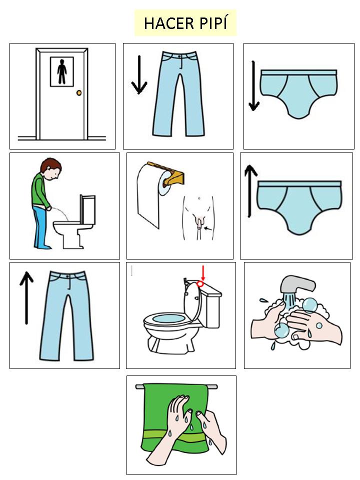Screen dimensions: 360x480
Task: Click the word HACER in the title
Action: coord(164,23)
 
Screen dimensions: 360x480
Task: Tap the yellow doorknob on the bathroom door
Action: coord(79,93)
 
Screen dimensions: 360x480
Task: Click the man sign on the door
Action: coord(62,71)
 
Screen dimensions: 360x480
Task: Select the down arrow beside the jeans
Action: coord(139,74)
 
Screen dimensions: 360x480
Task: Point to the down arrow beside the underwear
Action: coord(254,86)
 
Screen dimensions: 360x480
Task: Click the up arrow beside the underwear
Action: coord(250,191)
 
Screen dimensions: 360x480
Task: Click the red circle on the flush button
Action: coord(200,284)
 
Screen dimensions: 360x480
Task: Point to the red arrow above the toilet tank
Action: coord(202,273)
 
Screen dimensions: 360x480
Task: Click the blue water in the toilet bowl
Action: coord(168,318)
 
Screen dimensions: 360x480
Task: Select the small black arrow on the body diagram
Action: coord(208,228)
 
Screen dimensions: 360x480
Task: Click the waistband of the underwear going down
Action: coord(299,72)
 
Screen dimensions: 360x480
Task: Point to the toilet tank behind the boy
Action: coord(88,209)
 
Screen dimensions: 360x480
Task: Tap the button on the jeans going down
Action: coord(179,57)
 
